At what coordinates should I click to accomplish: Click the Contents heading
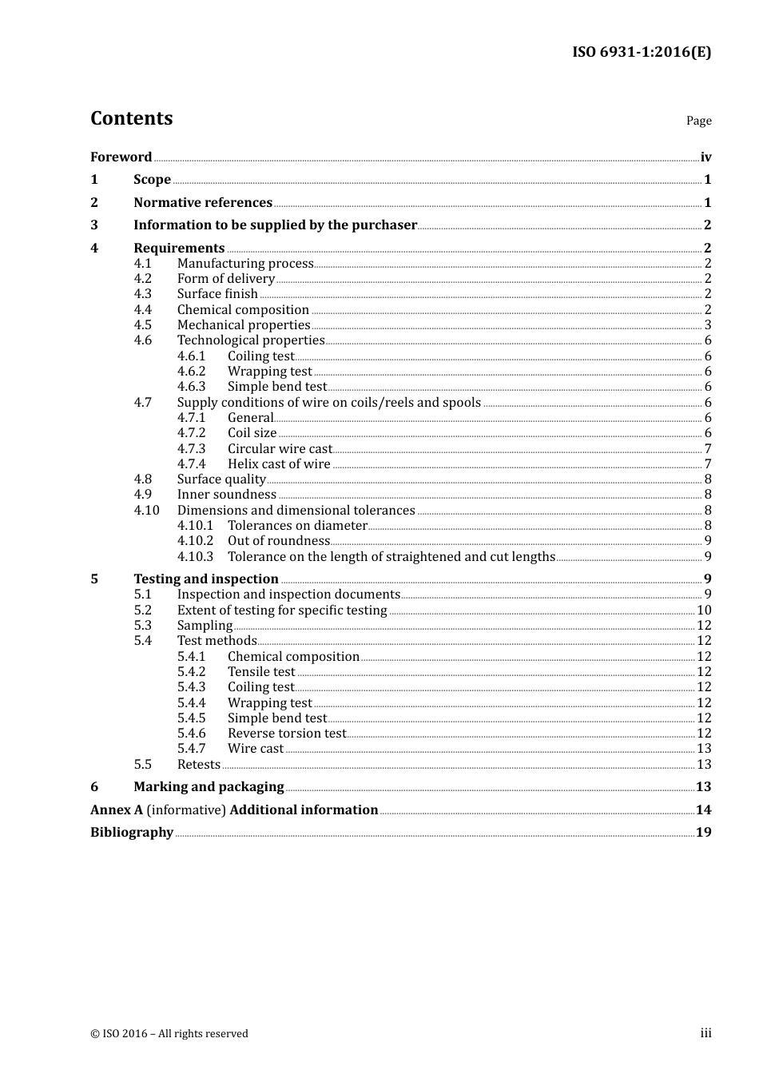132,118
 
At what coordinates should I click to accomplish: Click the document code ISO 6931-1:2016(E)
641,52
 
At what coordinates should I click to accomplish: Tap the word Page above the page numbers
698,121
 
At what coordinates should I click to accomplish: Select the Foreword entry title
121,157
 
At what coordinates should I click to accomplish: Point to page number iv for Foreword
705,157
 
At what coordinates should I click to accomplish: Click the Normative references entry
203,202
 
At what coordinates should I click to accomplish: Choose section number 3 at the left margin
94,225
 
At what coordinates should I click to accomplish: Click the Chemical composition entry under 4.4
243,309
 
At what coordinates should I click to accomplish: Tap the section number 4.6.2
192,371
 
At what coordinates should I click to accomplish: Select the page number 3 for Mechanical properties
708,324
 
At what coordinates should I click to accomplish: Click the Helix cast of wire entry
279,463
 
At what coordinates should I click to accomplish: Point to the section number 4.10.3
196,556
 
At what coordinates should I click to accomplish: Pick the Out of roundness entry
279,540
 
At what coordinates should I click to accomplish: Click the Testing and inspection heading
206,579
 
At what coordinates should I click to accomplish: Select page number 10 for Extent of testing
704,610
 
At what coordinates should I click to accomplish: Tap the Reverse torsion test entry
287,733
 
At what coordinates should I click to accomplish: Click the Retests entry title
199,764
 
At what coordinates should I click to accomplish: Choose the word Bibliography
132,832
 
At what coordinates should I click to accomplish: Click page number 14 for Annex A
703,809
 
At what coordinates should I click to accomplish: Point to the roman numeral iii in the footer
705,1033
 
